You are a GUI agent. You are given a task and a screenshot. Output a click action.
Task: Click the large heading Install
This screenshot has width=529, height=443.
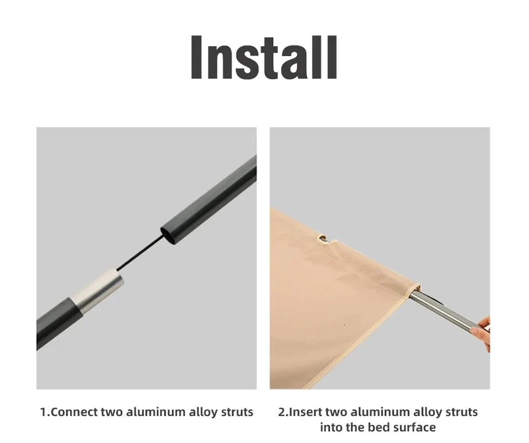(264, 57)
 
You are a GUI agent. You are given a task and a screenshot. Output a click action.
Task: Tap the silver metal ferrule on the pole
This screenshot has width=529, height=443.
(97, 289)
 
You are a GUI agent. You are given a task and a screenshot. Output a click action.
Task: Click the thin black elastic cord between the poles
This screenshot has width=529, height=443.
(141, 252)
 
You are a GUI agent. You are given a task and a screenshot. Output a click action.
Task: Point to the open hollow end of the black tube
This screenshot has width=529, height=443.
(169, 235)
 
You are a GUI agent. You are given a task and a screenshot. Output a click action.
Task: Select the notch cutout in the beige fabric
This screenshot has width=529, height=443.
(326, 240)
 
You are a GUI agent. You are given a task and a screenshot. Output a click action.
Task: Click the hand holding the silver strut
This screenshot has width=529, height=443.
(482, 333)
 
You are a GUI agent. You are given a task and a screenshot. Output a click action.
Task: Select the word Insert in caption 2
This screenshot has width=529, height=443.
(305, 412)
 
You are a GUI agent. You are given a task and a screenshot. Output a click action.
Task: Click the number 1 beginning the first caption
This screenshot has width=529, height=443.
(43, 412)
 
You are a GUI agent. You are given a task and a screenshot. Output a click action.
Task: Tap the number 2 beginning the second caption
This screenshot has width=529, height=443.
(282, 412)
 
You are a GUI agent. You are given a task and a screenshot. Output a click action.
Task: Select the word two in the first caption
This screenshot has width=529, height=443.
(112, 412)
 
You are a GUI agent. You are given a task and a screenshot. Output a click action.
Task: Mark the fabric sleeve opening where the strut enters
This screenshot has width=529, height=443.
(416, 290)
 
